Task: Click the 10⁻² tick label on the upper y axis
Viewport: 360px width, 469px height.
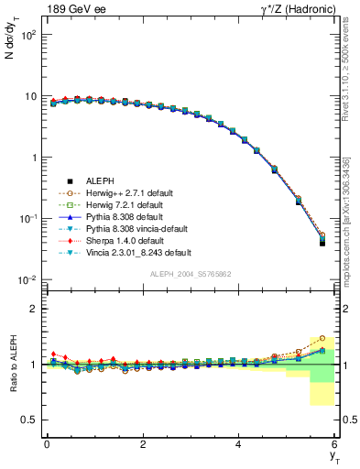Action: click(27, 279)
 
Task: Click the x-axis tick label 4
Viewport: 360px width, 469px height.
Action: click(239, 443)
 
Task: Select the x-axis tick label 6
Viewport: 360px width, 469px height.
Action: click(335, 443)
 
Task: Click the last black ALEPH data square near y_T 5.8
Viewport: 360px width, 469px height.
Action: click(322, 243)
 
